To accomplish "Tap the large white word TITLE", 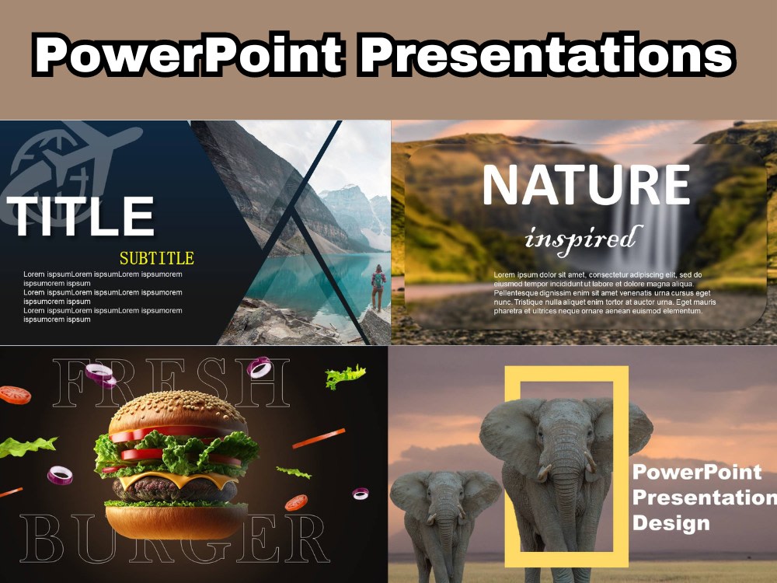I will coord(81,217).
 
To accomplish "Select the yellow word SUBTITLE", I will coord(156,258).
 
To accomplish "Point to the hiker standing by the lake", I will coord(378,287).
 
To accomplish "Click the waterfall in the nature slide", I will coord(664,233).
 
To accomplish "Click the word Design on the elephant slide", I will coord(671,522).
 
